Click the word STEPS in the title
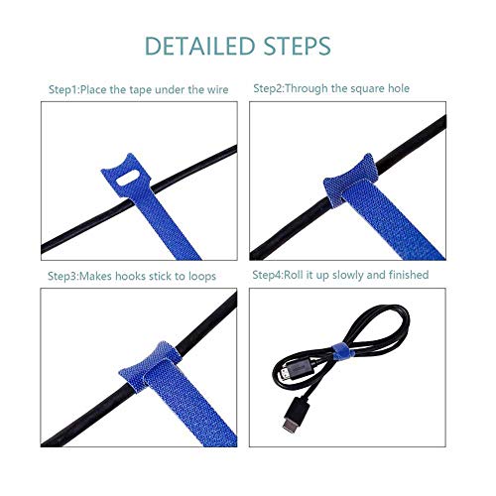coord(294,47)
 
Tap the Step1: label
coord(67,89)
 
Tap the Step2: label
coord(272,88)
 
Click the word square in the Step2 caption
coord(363,88)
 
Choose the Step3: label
coord(67,275)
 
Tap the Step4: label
coord(272,275)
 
